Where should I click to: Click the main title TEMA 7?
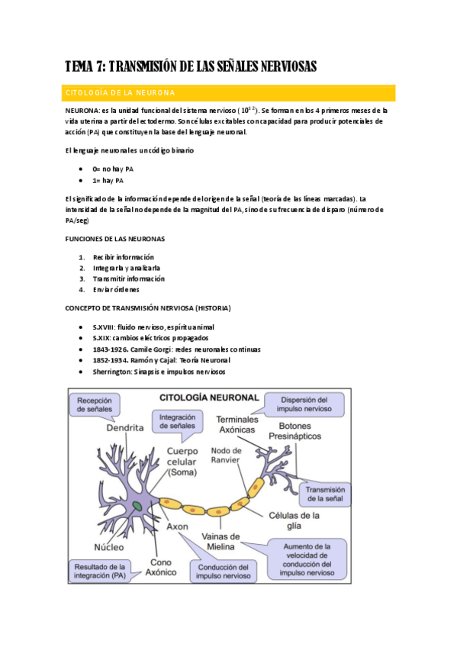pyautogui.click(x=190, y=66)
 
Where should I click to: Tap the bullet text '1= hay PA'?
pyautogui.click(x=113, y=181)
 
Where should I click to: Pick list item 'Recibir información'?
pyautogui.click(x=123, y=257)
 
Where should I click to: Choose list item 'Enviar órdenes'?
pyautogui.click(x=116, y=289)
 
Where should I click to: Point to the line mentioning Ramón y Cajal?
pyautogui.click(x=161, y=359)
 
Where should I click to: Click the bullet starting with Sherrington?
pyautogui.click(x=159, y=372)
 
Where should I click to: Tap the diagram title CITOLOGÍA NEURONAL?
pyautogui.click(x=208, y=397)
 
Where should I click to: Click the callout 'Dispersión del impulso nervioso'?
pyautogui.click(x=303, y=404)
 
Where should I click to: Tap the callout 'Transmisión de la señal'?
pyautogui.click(x=326, y=494)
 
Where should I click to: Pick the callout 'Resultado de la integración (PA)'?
pyautogui.click(x=97, y=571)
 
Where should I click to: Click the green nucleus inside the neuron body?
pyautogui.click(x=137, y=506)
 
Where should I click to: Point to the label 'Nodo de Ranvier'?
pyautogui.click(x=226, y=455)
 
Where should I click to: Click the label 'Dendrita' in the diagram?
pyautogui.click(x=125, y=429)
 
